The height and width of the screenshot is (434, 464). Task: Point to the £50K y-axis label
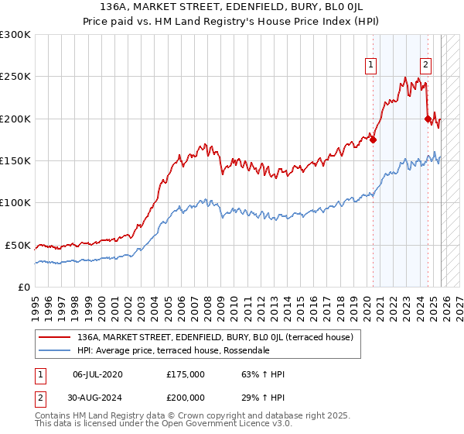(17, 245)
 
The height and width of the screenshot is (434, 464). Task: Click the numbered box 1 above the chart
(372, 66)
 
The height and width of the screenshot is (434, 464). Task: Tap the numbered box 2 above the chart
(426, 66)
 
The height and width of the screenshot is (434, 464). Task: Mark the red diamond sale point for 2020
(373, 139)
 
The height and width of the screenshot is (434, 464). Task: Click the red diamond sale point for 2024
(428, 119)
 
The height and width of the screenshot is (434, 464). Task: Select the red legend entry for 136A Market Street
(215, 337)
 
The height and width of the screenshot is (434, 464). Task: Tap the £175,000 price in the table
(186, 374)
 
